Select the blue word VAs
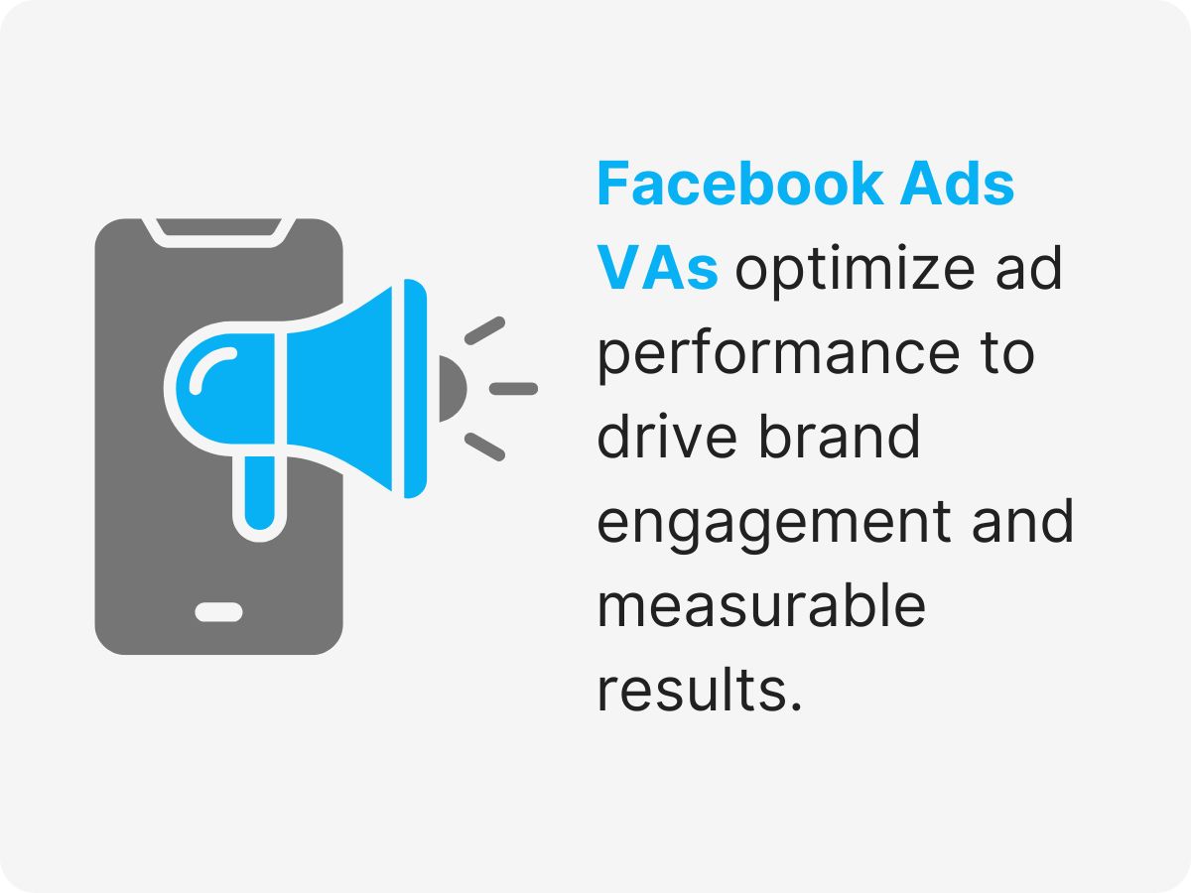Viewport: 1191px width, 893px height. coord(656,269)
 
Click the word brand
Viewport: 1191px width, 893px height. coord(840,438)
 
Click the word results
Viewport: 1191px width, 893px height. coord(698,691)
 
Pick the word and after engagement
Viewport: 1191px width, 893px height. coord(1022,522)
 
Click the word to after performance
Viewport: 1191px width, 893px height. coord(1002,354)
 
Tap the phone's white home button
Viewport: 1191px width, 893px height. coord(218,611)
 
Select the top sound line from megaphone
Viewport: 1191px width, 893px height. coord(484,330)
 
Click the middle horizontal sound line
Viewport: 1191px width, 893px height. coord(513,388)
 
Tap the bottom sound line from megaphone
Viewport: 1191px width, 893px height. coord(484,446)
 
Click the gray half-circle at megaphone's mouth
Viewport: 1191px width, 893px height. coord(450,388)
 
